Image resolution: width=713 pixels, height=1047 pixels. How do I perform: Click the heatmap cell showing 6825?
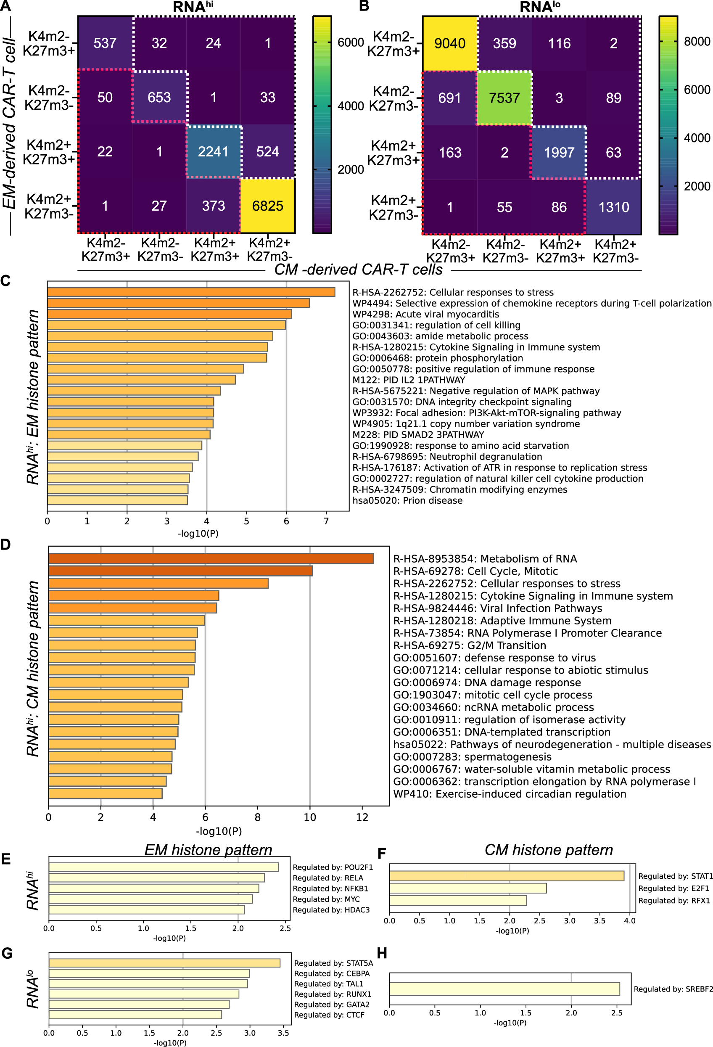click(x=267, y=206)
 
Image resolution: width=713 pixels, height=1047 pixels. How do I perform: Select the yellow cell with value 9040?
click(x=449, y=43)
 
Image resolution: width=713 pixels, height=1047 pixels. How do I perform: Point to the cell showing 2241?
click(x=213, y=151)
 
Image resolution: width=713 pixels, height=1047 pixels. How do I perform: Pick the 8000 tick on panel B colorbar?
click(x=696, y=42)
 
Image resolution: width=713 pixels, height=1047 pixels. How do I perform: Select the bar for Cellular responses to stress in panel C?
click(x=191, y=292)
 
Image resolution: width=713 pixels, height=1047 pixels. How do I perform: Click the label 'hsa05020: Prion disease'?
click(x=407, y=500)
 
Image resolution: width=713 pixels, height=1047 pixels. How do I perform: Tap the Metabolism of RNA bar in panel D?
click(x=211, y=558)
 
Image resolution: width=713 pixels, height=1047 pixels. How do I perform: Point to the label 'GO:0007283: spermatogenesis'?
click(x=472, y=756)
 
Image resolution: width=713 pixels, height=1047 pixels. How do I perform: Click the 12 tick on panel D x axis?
click(x=362, y=817)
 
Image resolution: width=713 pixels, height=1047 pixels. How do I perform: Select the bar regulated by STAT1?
click(x=506, y=876)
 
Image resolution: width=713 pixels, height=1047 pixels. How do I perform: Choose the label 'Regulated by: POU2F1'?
click(x=333, y=867)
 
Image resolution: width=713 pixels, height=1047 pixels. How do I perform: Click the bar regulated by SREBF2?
click(x=504, y=989)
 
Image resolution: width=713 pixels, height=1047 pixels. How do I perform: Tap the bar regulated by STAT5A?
click(x=164, y=963)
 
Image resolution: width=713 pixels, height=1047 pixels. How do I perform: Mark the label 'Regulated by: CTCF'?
click(x=329, y=1015)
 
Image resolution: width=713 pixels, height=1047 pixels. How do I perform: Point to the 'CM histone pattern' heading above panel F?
click(x=548, y=850)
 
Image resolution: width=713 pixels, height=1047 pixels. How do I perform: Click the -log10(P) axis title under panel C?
click(x=198, y=534)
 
